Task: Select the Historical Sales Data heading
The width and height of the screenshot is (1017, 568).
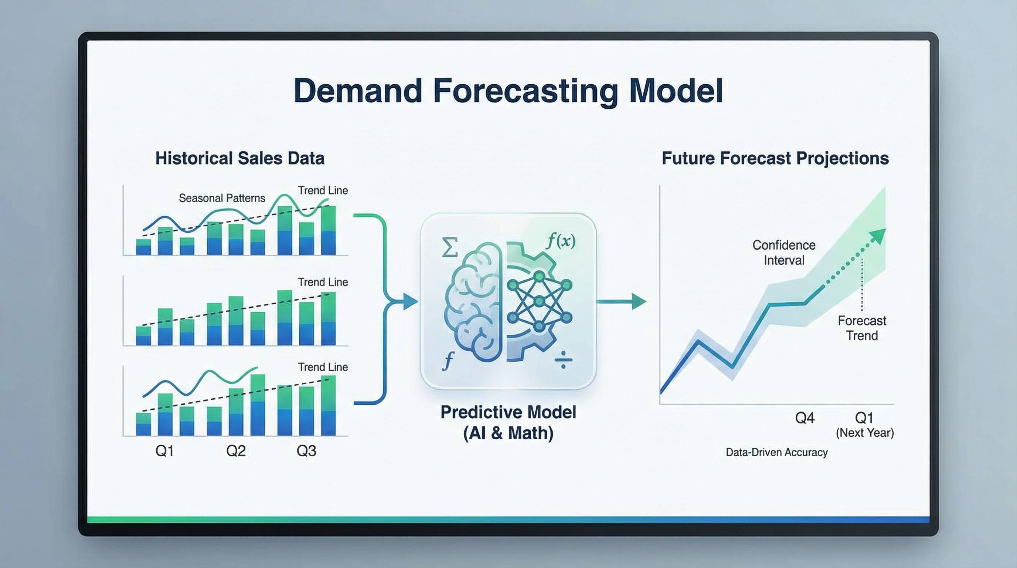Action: click(239, 158)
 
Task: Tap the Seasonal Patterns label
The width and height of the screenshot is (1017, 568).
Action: click(222, 198)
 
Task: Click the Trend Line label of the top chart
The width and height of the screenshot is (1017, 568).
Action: click(323, 190)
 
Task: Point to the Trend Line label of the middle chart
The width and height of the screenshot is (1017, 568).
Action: click(323, 282)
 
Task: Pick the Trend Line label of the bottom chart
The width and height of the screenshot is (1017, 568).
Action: click(323, 367)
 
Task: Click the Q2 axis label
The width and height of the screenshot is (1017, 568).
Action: click(236, 451)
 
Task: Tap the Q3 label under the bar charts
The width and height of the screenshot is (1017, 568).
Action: click(306, 451)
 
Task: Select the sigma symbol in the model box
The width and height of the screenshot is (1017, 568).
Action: click(450, 247)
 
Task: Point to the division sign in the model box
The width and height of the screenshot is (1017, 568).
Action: click(563, 359)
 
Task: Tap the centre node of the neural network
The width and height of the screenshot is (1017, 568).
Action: click(539, 302)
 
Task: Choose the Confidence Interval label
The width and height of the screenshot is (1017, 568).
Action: click(784, 253)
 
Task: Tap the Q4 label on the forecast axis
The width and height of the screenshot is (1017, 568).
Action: click(804, 418)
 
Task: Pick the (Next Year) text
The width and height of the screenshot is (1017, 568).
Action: click(865, 433)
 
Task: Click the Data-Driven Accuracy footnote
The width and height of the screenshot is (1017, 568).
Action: click(776, 452)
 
